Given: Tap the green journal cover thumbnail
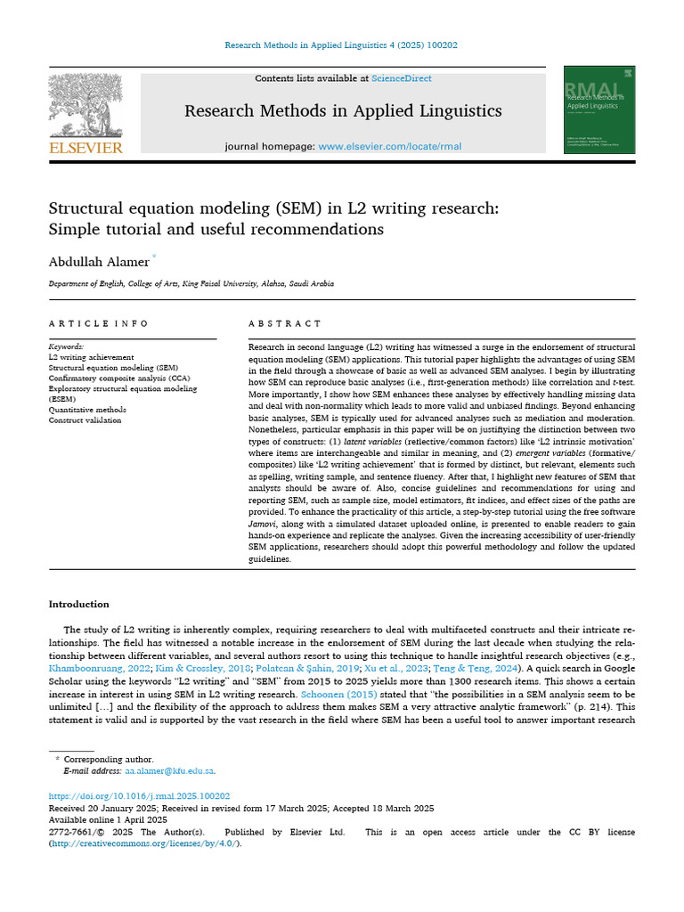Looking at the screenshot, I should [x=599, y=110].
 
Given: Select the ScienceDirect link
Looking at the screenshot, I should [x=402, y=78].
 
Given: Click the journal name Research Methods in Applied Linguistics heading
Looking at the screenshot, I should [x=342, y=111].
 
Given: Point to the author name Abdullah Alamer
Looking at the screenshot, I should [x=99, y=261].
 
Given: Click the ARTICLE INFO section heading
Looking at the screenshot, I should [x=99, y=323].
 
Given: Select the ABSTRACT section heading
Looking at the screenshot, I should [x=284, y=323].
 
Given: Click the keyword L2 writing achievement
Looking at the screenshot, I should [x=91, y=356].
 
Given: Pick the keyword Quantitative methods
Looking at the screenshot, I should [x=87, y=410].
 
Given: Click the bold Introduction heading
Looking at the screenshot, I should [x=78, y=604].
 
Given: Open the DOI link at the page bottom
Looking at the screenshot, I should [x=139, y=795].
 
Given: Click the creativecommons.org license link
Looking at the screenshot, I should [x=143, y=843].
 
